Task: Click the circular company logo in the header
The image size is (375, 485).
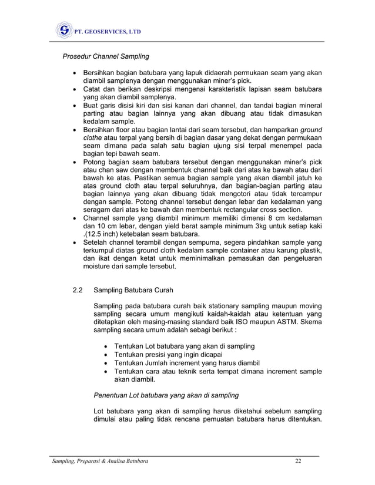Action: click(63, 31)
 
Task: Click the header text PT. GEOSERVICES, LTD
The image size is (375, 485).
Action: click(108, 32)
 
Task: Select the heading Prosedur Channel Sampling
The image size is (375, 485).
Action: click(106, 57)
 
